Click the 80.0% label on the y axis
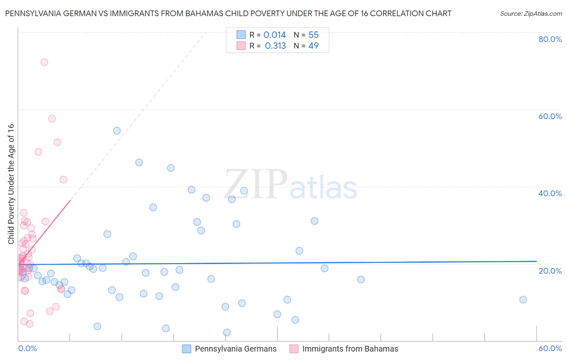pos(550,39)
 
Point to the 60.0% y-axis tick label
pos(550,116)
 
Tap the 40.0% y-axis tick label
pos(550,193)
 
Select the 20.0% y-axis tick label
pos(550,270)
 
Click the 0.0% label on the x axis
pos(27,348)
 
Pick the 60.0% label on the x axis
pos(550,348)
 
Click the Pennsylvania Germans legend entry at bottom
pos(236,349)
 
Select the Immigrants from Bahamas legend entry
pos(350,349)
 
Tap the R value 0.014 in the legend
pos(275,35)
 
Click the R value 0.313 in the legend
pos(275,46)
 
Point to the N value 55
pos(313,35)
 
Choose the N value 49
pos(313,46)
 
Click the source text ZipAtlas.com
pos(531,14)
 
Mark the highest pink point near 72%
pos(44,62)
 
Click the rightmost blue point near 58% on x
pos(523,299)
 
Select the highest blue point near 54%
pos(117,131)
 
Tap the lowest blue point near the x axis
pos(227,333)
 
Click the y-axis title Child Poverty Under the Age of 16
pos(11,184)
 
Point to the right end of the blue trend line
pos(536,262)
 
